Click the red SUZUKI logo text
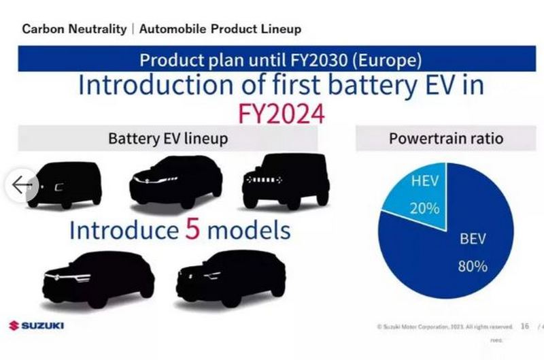42,326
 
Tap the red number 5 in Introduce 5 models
192,231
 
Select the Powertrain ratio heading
446,139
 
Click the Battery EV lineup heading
167,139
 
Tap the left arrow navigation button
22,184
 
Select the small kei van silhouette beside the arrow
68,184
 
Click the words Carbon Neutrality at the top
74,29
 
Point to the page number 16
524,327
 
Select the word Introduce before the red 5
122,231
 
